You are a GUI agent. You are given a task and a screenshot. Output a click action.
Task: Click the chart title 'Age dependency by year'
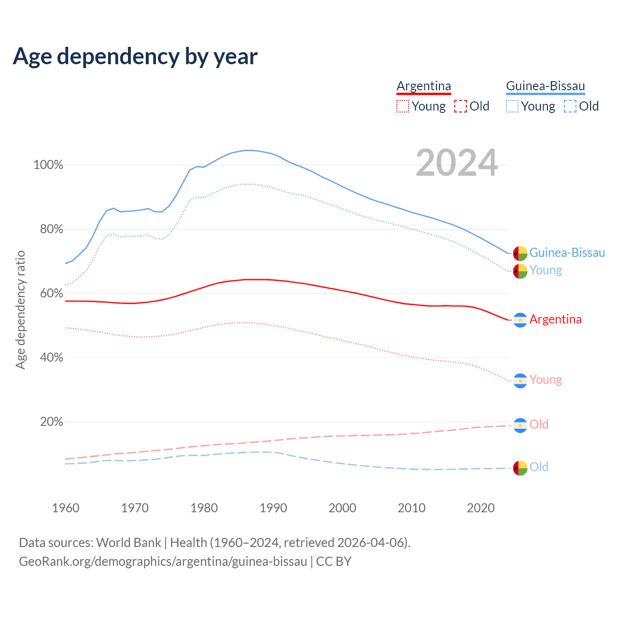pos(135,56)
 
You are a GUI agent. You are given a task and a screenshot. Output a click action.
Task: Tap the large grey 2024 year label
pos(456,163)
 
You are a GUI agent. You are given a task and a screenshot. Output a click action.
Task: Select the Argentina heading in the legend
pos(423,86)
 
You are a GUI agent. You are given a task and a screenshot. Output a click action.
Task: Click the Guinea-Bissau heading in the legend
pos(545,86)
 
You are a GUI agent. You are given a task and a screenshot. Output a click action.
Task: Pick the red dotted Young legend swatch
pos(402,106)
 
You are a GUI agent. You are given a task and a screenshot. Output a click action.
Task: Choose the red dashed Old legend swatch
pos(460,106)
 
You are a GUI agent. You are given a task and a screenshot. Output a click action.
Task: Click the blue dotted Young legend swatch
pos(512,106)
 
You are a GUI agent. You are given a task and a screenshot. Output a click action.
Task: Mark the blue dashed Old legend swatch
pos(570,106)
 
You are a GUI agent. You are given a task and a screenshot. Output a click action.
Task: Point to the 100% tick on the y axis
pos(48,165)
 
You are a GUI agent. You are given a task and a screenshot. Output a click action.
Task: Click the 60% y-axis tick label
pos(51,294)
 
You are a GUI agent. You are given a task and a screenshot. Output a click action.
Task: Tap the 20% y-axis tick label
pos(51,422)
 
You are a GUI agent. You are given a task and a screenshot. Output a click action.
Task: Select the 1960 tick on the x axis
pos(66,508)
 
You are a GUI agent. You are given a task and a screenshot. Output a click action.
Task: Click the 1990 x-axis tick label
pos(273,508)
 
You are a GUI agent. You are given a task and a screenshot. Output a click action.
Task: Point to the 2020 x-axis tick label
pos(481,508)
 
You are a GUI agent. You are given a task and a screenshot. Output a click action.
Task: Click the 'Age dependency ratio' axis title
pos(20,309)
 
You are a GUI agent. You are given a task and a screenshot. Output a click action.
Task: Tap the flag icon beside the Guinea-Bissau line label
pos(520,253)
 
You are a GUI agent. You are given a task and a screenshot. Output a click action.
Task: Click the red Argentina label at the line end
pos(555,320)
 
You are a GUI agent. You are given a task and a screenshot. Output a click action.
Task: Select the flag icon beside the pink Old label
pos(520,425)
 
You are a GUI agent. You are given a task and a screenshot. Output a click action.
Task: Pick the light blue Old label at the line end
pos(539,467)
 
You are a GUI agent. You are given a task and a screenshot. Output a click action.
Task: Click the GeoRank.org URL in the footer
pos(163,562)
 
